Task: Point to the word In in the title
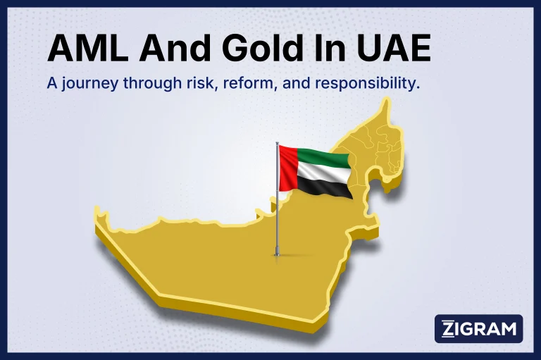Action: click(326, 49)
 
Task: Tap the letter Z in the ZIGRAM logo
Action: click(448, 328)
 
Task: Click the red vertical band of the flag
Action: click(288, 168)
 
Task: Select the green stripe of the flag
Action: click(323, 159)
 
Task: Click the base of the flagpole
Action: click(277, 254)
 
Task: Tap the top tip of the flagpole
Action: click(277, 142)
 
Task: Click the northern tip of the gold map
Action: click(386, 100)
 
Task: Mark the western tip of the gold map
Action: click(97, 209)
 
